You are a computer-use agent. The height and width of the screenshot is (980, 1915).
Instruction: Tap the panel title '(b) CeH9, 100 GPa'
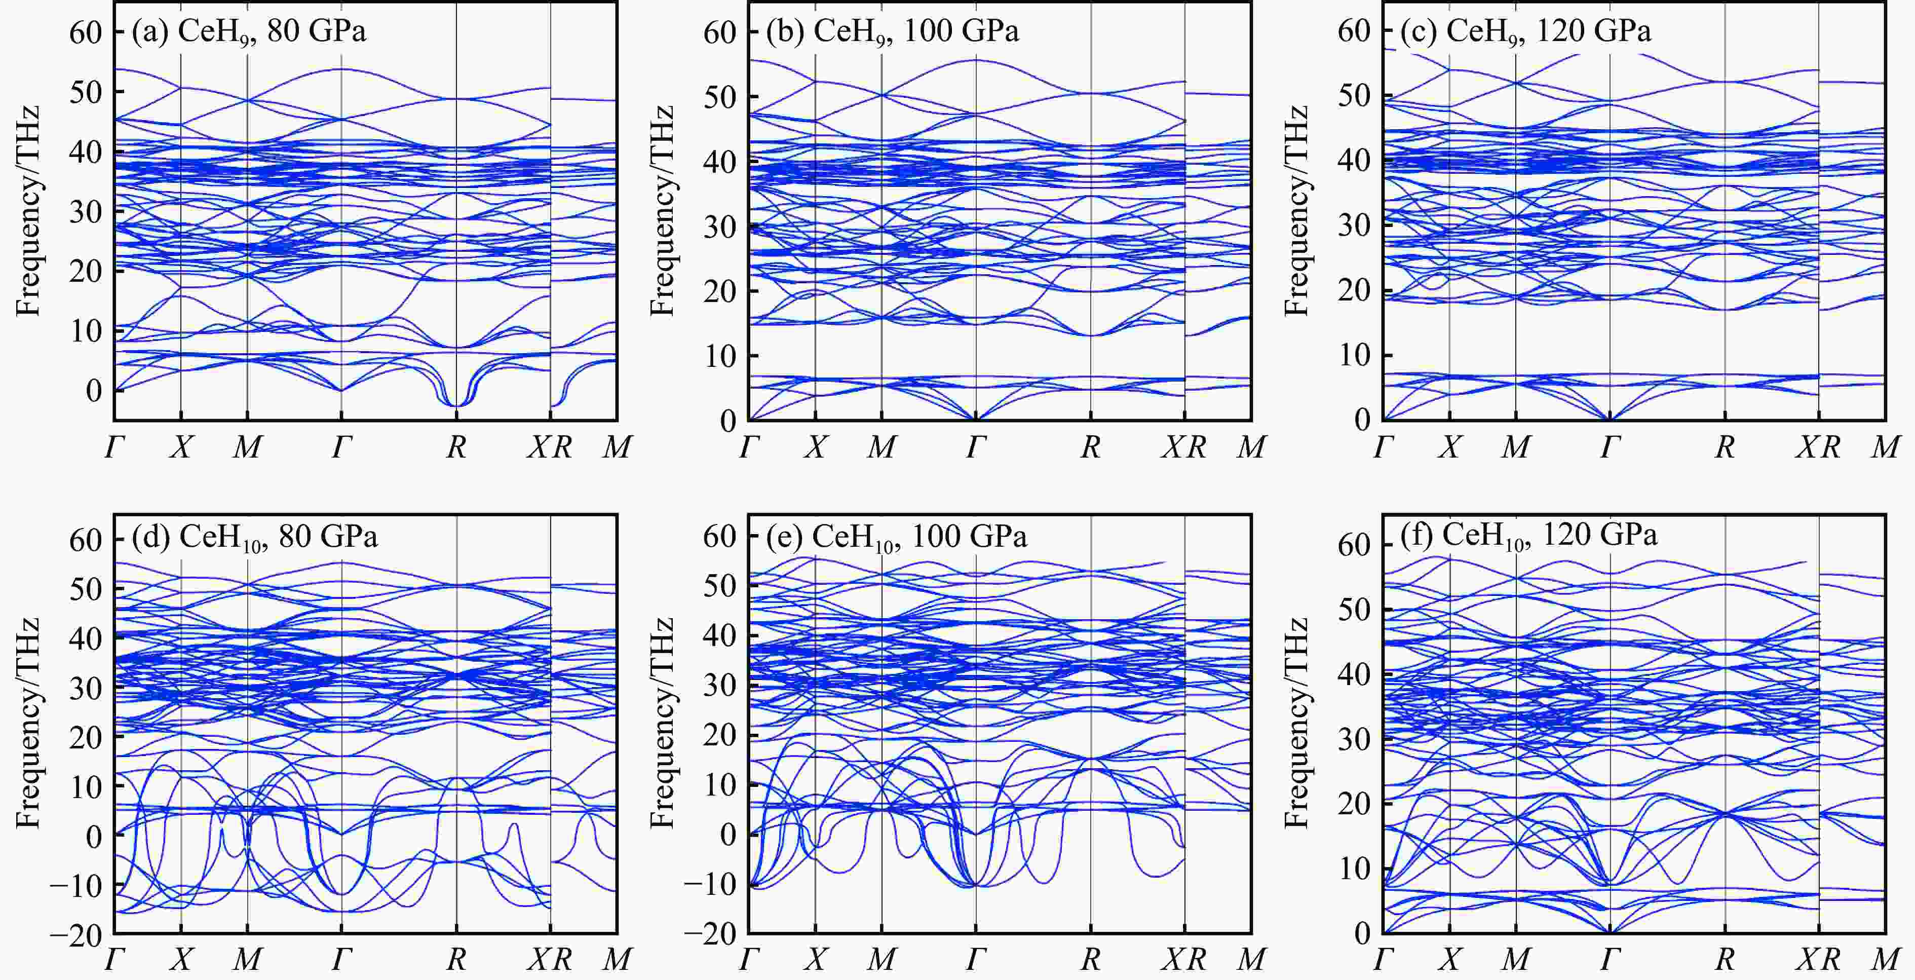[x=892, y=32]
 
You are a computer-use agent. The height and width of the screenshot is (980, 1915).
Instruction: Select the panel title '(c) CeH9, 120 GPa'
[x=1525, y=32]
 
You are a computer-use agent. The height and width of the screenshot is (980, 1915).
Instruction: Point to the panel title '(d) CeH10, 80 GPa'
[x=254, y=537]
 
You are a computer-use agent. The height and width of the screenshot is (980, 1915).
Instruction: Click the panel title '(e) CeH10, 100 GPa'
[x=897, y=537]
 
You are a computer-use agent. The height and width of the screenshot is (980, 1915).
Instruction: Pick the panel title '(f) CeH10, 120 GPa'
[x=1528, y=536]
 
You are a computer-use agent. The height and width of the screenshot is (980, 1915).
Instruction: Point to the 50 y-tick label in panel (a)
[x=86, y=92]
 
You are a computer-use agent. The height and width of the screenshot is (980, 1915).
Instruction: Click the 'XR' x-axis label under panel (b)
[x=1184, y=447]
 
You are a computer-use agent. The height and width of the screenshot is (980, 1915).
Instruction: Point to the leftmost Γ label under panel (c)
[x=1384, y=447]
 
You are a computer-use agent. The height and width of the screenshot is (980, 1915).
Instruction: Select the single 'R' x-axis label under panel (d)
[x=456, y=960]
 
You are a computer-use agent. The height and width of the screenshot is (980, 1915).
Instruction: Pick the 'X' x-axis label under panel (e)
[x=816, y=960]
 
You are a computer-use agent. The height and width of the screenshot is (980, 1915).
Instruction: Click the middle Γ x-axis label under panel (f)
[x=1610, y=960]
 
